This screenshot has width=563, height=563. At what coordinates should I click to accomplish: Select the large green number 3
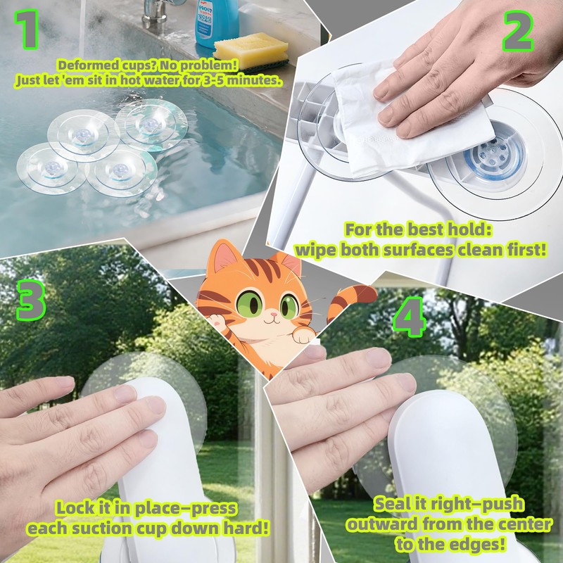[30, 301]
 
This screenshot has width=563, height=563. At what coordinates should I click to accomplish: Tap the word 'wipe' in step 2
[317, 251]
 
